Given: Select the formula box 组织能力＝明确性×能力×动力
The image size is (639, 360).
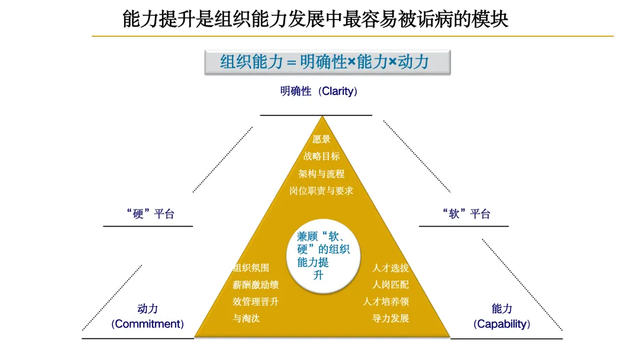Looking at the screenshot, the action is click(327, 62).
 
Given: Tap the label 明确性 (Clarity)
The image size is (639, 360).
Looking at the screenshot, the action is click(319, 92).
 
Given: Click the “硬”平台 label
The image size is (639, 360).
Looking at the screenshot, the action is click(150, 214).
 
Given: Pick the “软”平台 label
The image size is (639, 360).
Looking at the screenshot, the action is click(466, 214).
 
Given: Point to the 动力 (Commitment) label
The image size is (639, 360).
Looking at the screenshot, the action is click(147, 316).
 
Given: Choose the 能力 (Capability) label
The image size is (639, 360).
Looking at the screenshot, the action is click(502, 316).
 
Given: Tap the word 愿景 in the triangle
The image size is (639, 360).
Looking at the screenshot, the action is click(321, 139).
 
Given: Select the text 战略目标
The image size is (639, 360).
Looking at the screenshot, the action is click(321, 156).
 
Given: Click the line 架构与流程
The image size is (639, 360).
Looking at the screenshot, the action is click(321, 174).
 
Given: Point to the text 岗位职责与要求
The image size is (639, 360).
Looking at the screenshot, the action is click(321, 191).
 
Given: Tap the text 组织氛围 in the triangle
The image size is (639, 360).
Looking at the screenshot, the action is click(251, 268).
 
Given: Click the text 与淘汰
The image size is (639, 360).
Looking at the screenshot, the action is click(246, 319).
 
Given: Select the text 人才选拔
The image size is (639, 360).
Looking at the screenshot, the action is click(390, 268).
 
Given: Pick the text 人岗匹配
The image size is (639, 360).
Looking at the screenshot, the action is click(390, 285).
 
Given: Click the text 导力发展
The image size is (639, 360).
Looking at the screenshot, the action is click(390, 319).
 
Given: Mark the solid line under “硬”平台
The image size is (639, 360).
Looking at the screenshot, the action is click(148, 226).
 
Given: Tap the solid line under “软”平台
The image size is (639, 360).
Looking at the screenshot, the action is click(464, 226).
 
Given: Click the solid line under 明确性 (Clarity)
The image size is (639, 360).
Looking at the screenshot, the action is click(316, 115).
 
